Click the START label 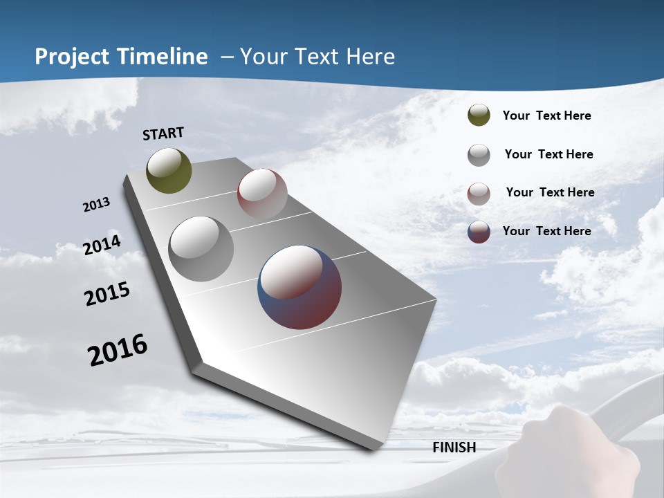[x=163, y=133]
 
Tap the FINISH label [x=454, y=448]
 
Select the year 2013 [x=97, y=205]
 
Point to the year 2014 [x=102, y=245]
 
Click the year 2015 [x=107, y=294]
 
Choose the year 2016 [x=118, y=350]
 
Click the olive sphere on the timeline [x=169, y=170]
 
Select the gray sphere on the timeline [x=201, y=249]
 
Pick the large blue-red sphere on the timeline [x=299, y=287]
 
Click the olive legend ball [x=479, y=116]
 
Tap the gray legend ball [x=479, y=155]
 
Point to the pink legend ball [x=479, y=194]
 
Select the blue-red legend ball [x=479, y=232]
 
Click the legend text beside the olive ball [x=546, y=116]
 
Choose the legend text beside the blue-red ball [x=546, y=231]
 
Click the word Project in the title [x=71, y=57]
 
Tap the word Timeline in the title [x=163, y=57]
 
